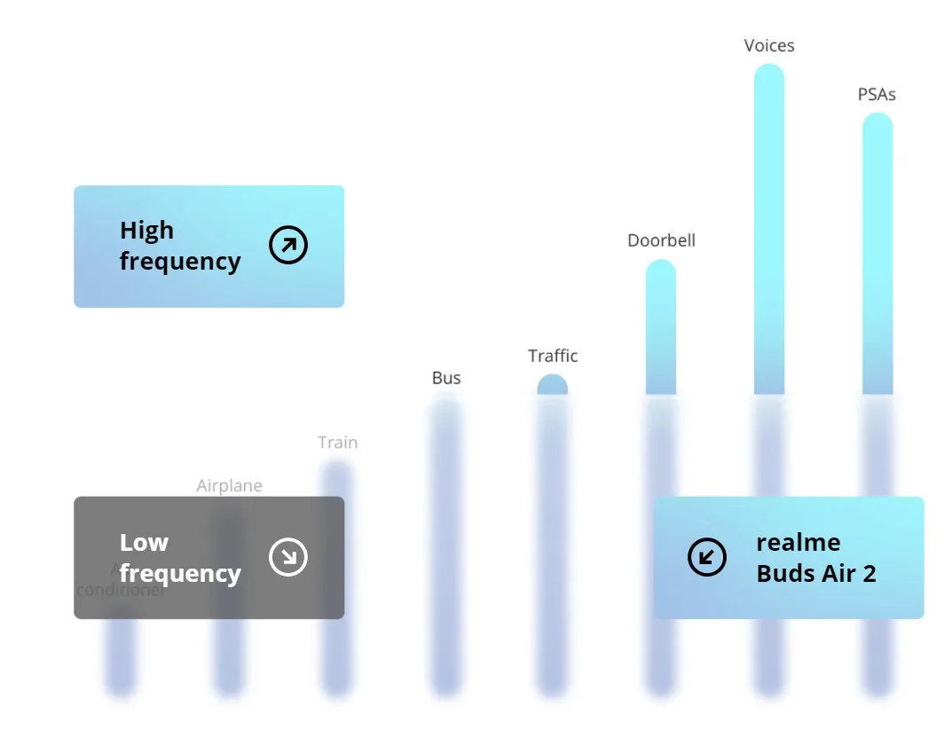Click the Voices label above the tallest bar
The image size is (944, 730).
(x=769, y=45)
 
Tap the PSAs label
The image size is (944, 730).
(x=877, y=94)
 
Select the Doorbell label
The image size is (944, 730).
(x=661, y=240)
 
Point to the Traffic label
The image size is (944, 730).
(x=553, y=356)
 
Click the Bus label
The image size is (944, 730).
(x=446, y=378)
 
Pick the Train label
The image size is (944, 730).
(x=338, y=442)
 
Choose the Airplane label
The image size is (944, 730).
(x=229, y=485)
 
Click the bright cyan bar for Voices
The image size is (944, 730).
(x=769, y=231)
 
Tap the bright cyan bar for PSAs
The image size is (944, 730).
(x=877, y=257)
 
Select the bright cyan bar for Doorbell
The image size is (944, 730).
(x=661, y=328)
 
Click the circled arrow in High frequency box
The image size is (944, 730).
(x=288, y=246)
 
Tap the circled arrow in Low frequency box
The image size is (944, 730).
(x=288, y=557)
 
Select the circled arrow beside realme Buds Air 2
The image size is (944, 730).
(x=707, y=557)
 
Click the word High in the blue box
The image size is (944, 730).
(x=146, y=231)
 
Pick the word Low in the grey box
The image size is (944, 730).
(x=144, y=542)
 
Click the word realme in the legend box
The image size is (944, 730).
(x=798, y=542)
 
